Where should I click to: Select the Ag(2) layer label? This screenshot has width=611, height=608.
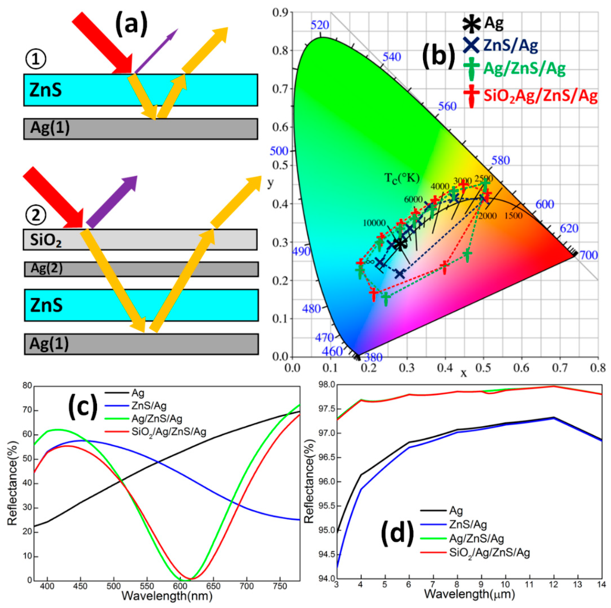pos(47,268)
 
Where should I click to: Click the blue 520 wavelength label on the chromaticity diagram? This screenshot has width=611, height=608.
pos(320,25)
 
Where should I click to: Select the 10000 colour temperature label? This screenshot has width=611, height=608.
pos(374,223)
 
